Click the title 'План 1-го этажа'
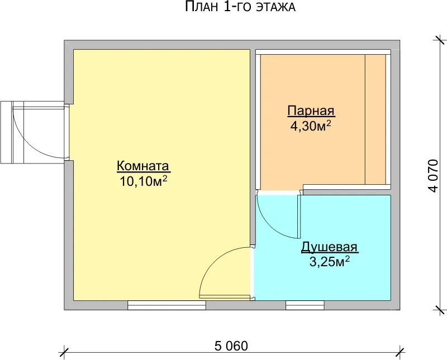pos(240,7)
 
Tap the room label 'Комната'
pos(143,166)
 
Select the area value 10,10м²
pos(143,181)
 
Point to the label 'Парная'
pos(311,111)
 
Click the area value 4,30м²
pos(311,126)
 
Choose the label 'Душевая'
pos(330,247)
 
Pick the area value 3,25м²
pos(330,262)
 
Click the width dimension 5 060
pos(231,346)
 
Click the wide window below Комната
pos(167,305)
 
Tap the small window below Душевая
pos(305,305)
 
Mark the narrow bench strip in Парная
pos(375,119)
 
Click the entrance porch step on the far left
pos(7,132)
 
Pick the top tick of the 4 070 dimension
pos(439,40)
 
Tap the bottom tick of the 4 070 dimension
pos(439,310)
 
